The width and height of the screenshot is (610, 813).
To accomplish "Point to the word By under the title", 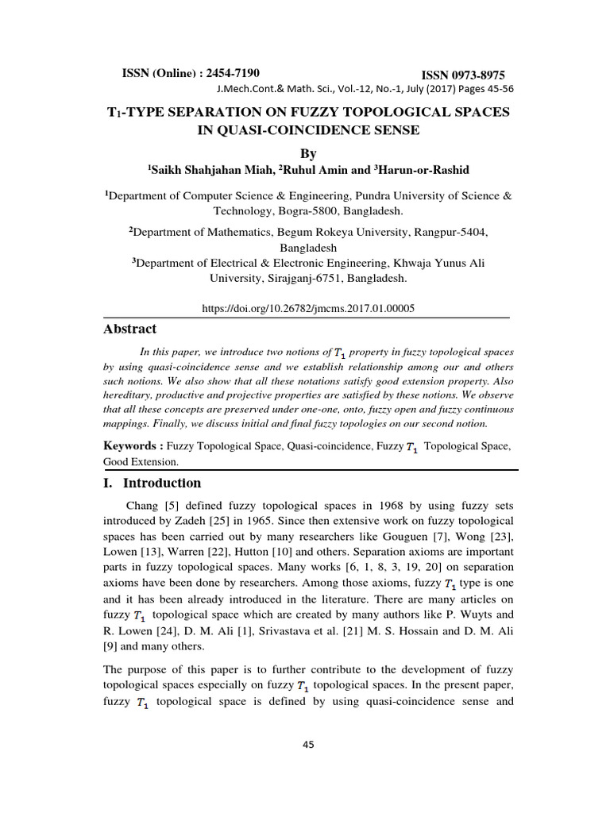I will coord(306,151).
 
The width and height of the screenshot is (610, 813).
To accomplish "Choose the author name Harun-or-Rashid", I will coord(418,169).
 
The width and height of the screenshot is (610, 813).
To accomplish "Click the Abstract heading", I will coord(130,329).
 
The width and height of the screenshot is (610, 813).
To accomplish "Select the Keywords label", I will coord(133,446).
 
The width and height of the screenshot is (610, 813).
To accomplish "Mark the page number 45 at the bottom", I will coord(308,744).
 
